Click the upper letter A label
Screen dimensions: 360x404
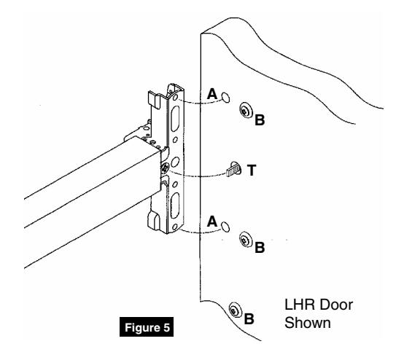tap(212, 93)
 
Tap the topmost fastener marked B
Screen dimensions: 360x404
tap(245, 110)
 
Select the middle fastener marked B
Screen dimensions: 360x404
tap(245, 237)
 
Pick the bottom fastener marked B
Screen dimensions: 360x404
tap(234, 308)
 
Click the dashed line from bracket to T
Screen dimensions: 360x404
tap(201, 174)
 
